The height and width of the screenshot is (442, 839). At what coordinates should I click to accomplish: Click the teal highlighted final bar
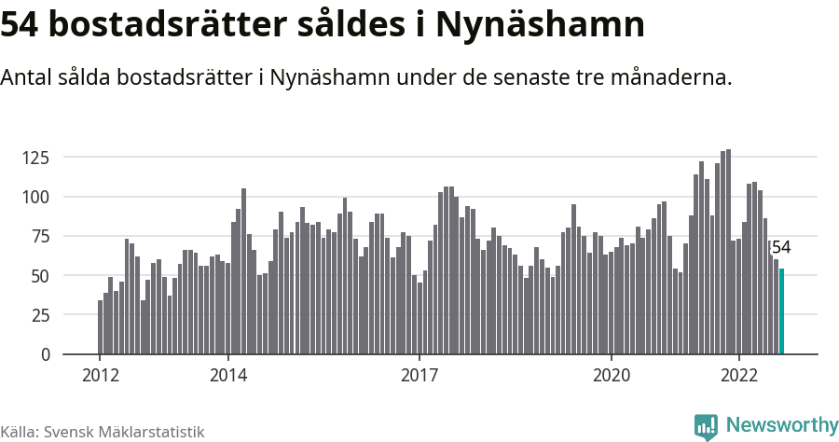pyautogui.click(x=781, y=311)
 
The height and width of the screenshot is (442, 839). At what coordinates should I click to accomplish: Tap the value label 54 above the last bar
pyautogui.click(x=781, y=247)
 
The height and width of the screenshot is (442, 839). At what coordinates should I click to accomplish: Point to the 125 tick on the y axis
pyautogui.click(x=34, y=158)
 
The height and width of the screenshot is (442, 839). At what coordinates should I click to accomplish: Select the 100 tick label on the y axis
pyautogui.click(x=34, y=197)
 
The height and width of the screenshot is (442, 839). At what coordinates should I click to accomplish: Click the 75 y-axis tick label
pyautogui.click(x=38, y=236)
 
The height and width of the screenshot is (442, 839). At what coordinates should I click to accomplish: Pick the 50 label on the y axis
pyautogui.click(x=38, y=276)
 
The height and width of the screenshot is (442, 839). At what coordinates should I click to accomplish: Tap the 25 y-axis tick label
pyautogui.click(x=38, y=315)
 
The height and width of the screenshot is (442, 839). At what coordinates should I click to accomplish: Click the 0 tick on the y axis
pyautogui.click(x=43, y=354)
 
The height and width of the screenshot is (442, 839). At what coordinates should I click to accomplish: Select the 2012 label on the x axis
pyautogui.click(x=100, y=376)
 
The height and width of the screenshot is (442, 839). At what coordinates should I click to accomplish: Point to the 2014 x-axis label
pyautogui.click(x=227, y=376)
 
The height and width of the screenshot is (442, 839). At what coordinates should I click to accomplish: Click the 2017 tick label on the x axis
pyautogui.click(x=419, y=376)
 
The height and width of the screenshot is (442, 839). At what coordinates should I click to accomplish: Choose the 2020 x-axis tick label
pyautogui.click(x=612, y=376)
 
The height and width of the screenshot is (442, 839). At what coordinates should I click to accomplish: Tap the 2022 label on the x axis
pyautogui.click(x=739, y=376)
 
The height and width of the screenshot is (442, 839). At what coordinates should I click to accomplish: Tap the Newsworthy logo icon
pyautogui.click(x=706, y=426)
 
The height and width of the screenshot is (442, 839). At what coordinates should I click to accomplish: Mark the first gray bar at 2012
pyautogui.click(x=100, y=327)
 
